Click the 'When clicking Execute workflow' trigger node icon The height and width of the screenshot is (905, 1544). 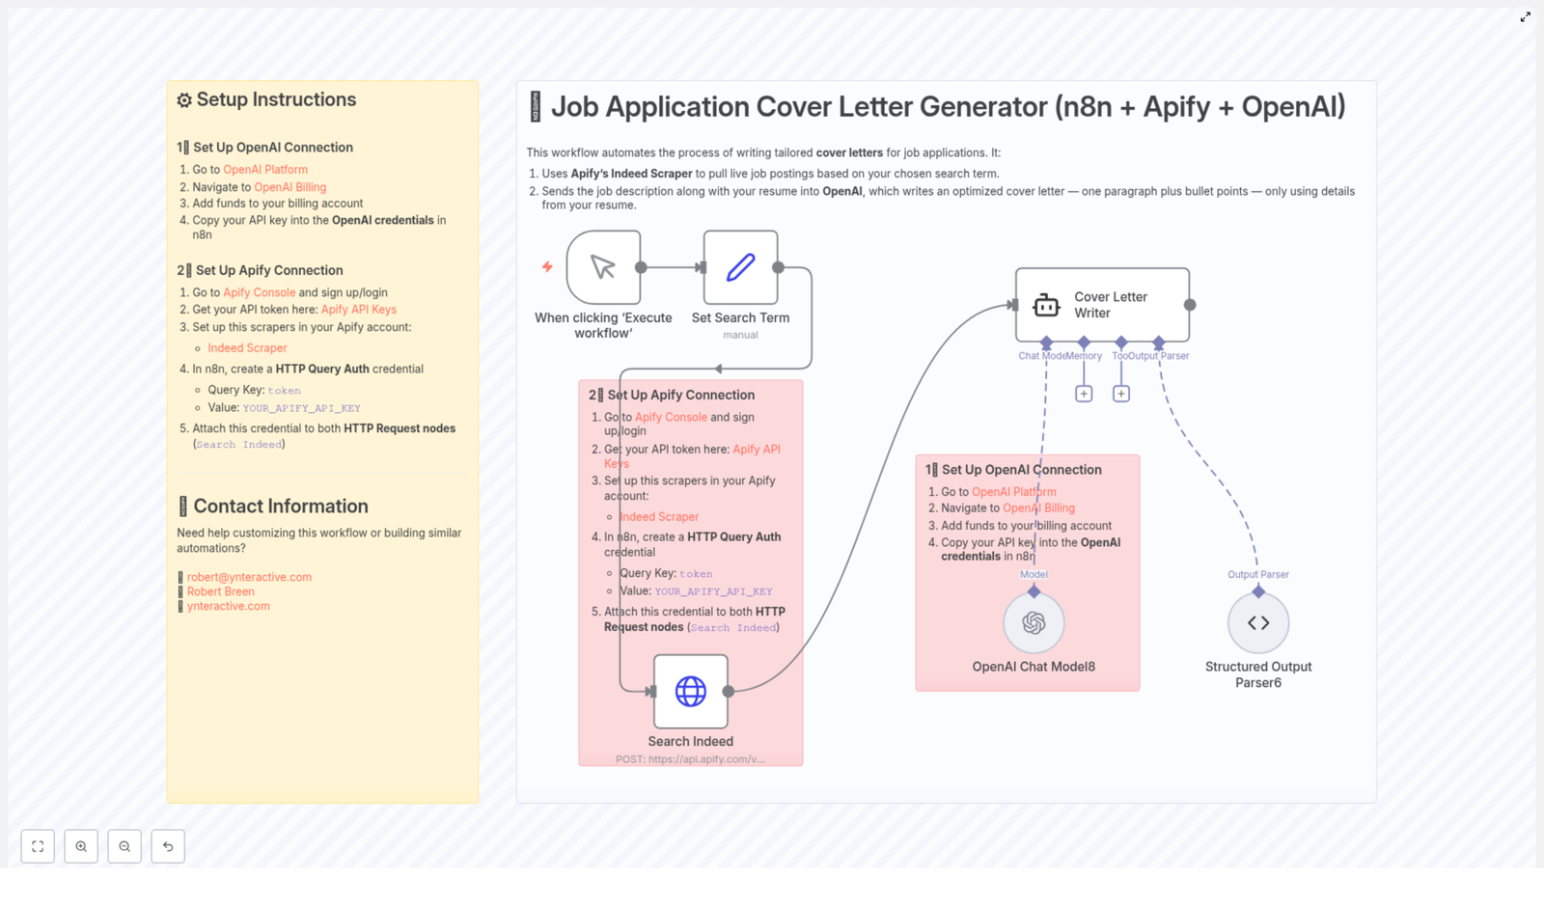click(x=603, y=267)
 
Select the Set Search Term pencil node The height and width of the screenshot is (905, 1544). click(x=740, y=267)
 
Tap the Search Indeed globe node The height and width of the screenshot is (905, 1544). click(x=691, y=691)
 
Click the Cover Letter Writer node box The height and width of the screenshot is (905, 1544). click(x=1102, y=305)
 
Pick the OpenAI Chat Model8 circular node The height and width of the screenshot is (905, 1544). click(x=1034, y=623)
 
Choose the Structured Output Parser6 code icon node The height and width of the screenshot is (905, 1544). click(x=1258, y=623)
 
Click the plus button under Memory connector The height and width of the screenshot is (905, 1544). click(x=1084, y=394)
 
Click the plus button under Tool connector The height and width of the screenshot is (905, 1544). click(x=1121, y=394)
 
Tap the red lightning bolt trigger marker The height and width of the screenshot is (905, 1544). click(x=547, y=266)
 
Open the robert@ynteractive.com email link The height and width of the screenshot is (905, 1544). click(x=249, y=577)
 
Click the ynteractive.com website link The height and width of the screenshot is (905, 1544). click(x=229, y=606)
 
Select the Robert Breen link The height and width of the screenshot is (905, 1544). click(x=221, y=591)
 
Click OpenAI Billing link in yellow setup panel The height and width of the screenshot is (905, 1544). click(x=289, y=187)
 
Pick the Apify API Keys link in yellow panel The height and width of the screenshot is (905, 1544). click(x=358, y=310)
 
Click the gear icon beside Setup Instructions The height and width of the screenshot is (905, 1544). click(x=184, y=100)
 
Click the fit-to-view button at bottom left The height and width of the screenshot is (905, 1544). click(x=38, y=846)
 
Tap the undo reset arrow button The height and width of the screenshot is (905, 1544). click(x=168, y=846)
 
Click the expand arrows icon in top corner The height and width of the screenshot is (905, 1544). click(x=1526, y=16)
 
